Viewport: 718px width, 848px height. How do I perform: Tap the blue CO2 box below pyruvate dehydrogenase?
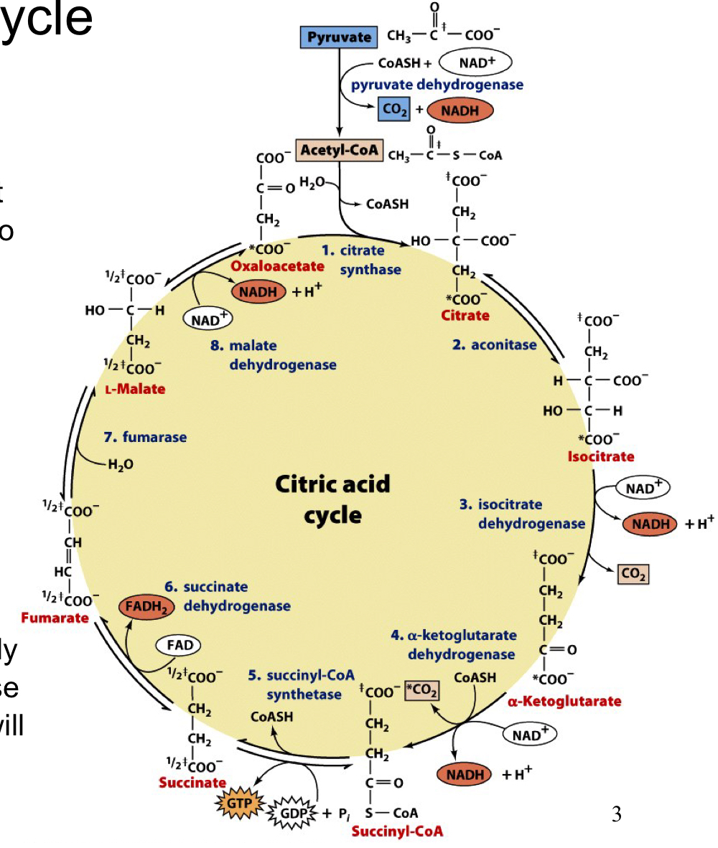pos(395,110)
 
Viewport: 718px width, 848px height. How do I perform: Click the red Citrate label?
pos(465,315)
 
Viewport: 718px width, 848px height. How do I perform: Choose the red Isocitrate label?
pos(600,456)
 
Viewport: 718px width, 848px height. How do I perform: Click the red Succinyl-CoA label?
pos(398,831)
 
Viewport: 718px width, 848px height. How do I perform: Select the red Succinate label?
pos(192,782)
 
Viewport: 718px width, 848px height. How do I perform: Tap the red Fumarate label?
pos(55,618)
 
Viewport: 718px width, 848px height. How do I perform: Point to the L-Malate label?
pos(134,390)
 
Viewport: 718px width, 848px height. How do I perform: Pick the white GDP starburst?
pos(292,813)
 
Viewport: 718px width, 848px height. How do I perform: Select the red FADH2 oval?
pos(146,607)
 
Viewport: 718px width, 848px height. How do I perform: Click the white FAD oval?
pos(179,645)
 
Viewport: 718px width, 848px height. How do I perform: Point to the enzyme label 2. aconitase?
pos(494,345)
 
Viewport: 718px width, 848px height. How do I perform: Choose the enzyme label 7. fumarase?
pos(145,437)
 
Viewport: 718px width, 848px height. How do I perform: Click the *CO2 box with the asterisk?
pos(421,689)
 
